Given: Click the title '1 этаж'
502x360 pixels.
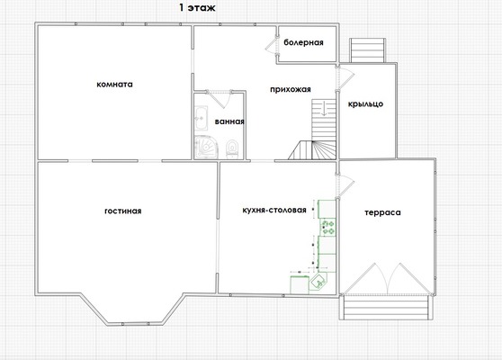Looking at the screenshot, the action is (x=197, y=8).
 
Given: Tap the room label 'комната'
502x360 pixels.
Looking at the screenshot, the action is (x=114, y=85).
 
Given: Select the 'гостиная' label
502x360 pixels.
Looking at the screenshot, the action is (x=123, y=211).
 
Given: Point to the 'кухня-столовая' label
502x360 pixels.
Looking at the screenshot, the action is (x=274, y=210).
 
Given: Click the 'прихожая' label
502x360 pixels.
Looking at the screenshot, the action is (x=291, y=89).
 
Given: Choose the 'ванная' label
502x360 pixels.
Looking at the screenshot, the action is (x=229, y=121).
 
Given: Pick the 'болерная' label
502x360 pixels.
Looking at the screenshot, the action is (x=303, y=42).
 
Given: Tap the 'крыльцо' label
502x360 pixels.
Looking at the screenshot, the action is (x=365, y=104).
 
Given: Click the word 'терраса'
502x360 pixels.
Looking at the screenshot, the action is (x=382, y=212).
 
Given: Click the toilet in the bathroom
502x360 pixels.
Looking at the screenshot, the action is (x=232, y=148).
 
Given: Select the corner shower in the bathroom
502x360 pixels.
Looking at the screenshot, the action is (x=206, y=147).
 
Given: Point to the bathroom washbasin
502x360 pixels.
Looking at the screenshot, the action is (x=201, y=118).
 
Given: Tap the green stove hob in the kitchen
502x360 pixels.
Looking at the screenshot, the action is (x=328, y=227).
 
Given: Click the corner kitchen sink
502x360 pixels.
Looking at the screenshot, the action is (x=318, y=281).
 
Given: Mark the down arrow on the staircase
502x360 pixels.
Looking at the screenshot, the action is (x=324, y=108).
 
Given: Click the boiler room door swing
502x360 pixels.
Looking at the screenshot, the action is (x=272, y=45).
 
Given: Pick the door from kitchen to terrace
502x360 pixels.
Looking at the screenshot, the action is (x=345, y=185).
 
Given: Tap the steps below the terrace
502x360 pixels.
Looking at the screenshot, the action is (x=385, y=307).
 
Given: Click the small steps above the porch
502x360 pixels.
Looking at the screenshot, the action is (x=368, y=50).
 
